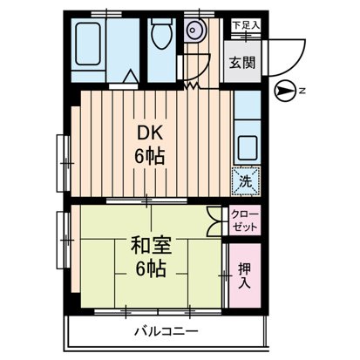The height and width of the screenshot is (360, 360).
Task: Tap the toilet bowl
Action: pos(160,34)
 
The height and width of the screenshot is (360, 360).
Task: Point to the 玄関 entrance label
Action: pos(243,62)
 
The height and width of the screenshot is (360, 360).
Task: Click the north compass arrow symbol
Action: pos(284,90)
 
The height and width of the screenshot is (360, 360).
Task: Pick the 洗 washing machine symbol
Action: pos(245,182)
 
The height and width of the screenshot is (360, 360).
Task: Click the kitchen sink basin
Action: pos(247,147)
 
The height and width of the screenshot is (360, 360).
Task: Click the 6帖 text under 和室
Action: pos(150,269)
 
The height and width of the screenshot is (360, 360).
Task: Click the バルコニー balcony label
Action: pos(166,332)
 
